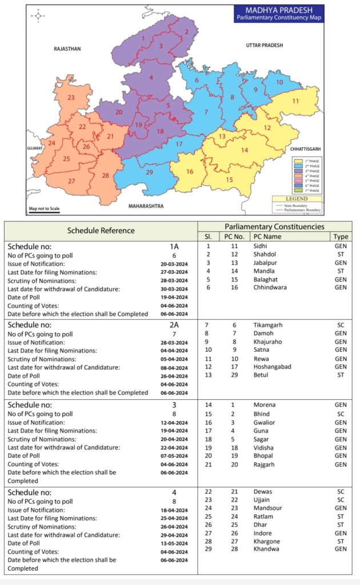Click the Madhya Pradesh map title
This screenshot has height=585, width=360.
coord(279,14)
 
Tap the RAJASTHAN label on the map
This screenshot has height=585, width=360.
coord(67,49)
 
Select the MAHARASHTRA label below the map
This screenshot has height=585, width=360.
coord(146,205)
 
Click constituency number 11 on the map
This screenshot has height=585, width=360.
coord(295,101)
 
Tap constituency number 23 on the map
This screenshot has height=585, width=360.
coord(71,98)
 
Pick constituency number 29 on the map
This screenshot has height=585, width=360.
coord(149,172)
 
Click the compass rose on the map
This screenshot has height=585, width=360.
coord(38,15)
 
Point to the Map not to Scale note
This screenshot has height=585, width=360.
coord(44,209)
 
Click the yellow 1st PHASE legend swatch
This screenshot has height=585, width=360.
coord(297,162)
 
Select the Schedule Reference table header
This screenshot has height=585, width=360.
coord(101,231)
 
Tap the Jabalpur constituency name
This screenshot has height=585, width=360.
coord(266,263)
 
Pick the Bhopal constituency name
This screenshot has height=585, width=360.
coord(263,456)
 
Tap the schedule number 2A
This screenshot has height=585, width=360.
coord(173,325)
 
